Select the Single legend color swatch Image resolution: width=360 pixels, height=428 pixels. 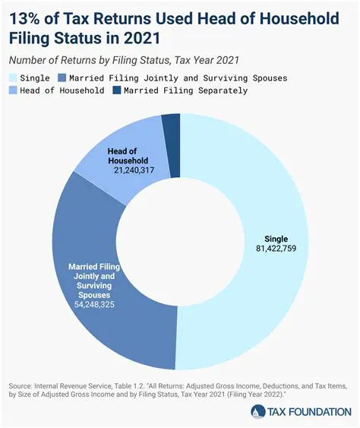point(14,78)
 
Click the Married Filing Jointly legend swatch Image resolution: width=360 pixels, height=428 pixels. point(61,78)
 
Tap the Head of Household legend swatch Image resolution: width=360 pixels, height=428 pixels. point(14,90)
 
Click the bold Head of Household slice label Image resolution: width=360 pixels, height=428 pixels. point(127,155)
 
